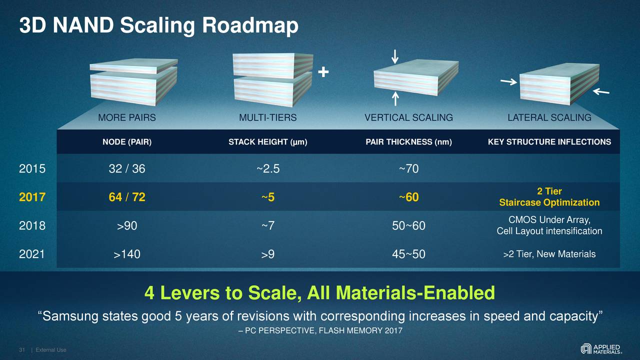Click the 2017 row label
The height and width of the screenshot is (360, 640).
click(32, 197)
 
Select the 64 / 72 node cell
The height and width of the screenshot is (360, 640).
click(127, 197)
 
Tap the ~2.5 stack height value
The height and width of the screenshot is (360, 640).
click(268, 169)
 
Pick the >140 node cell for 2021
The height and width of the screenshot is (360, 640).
click(127, 255)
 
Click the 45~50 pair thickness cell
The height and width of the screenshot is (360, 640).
click(408, 255)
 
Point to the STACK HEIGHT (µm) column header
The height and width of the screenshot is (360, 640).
click(268, 142)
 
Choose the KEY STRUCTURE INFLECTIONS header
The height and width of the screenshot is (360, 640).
click(549, 142)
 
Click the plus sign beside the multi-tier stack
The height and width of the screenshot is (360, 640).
click(323, 73)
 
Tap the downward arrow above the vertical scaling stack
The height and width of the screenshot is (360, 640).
click(395, 56)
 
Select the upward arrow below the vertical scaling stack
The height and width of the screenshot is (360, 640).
click(395, 98)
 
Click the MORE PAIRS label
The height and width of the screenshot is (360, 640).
click(127, 118)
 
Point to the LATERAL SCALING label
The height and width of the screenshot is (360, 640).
click(549, 118)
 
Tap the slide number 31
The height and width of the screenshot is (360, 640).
click(22, 349)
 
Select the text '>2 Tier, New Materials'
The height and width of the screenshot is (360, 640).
click(549, 254)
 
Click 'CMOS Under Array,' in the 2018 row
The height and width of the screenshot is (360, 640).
click(549, 220)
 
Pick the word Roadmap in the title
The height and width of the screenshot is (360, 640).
click(250, 26)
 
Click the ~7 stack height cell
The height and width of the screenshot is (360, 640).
click(268, 226)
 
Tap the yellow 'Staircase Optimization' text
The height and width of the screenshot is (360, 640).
click(549, 202)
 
